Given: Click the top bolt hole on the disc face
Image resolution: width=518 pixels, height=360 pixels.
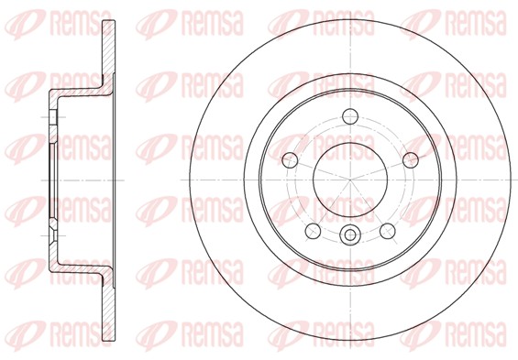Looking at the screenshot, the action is point(350,116).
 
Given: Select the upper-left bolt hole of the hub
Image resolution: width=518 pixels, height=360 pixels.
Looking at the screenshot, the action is point(290,160).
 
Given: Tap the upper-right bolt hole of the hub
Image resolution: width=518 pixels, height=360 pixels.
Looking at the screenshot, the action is point(411,160).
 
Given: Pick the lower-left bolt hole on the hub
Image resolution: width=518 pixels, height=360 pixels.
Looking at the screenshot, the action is point(313,231).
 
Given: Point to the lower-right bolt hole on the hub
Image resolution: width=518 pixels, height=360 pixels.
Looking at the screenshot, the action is point(388,231).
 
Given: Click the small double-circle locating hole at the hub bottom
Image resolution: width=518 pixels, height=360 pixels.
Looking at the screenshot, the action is point(350,235).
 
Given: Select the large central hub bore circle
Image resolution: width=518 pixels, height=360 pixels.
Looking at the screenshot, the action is point(350,180).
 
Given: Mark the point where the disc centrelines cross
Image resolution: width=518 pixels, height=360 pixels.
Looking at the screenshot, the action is point(350,180).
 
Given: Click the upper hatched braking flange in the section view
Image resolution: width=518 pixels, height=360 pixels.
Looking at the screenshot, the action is point(109,53).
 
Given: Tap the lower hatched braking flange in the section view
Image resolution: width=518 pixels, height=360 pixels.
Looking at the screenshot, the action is point(109,308).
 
